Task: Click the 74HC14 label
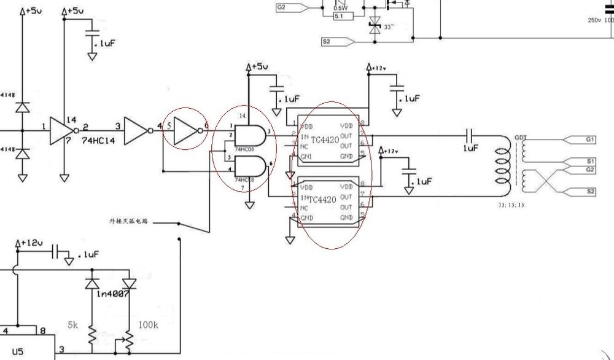99,141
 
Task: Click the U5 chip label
18,351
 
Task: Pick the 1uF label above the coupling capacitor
471,149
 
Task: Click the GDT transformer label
520,137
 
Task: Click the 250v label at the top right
594,20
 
